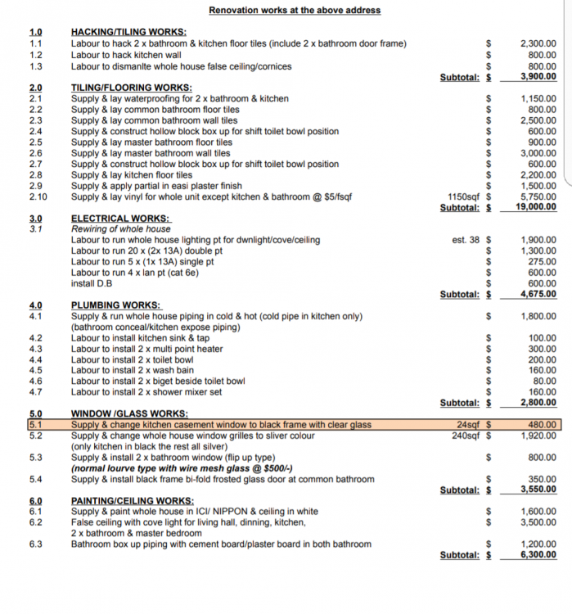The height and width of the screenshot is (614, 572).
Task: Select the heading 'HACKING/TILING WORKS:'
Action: point(128,32)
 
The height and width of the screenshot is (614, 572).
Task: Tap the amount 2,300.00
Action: point(538,43)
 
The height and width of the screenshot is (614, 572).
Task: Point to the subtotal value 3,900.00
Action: point(538,77)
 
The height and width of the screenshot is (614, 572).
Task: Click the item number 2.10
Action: point(38,196)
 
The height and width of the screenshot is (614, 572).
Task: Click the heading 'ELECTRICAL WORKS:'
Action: point(120,219)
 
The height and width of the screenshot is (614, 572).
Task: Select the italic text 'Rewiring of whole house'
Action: point(121,229)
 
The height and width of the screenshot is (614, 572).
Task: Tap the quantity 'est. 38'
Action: point(466,240)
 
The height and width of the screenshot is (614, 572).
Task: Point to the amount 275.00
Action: point(542,262)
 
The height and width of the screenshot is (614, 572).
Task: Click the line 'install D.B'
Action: point(92,284)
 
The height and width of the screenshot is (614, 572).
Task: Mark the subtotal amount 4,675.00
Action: point(538,295)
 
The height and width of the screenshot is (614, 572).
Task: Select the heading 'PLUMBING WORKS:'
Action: point(116,305)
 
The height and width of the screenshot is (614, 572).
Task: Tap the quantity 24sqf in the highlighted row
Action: point(470,425)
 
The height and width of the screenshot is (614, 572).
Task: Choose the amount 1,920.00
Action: point(538,436)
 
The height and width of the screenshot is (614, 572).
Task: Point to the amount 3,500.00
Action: point(538,522)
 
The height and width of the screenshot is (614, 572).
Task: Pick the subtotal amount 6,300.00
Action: point(538,555)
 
